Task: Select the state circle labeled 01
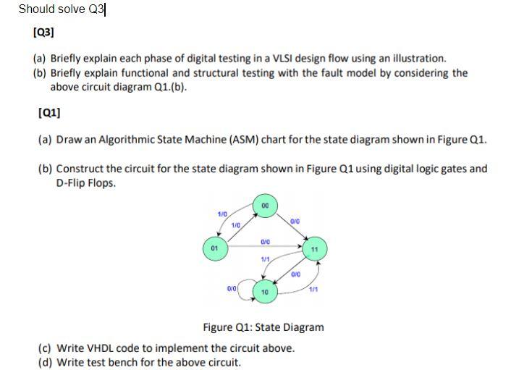point(213,248)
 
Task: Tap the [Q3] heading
point(43,32)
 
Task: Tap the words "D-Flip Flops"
point(86,182)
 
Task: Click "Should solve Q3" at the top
point(62,9)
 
